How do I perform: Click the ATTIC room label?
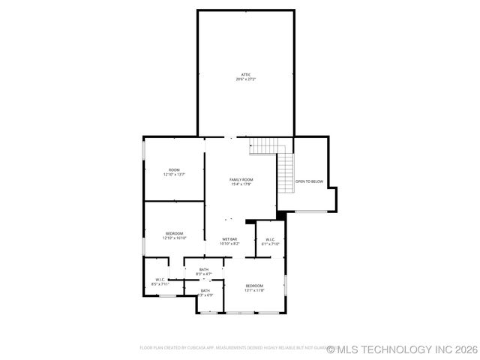pos(245,74)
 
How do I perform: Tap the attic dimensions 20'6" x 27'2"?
pos(245,79)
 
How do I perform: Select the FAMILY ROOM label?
pos(241,180)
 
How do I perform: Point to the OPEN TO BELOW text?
pos(309,181)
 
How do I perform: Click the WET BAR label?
pos(229,239)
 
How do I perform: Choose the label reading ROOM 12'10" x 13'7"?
pos(174,172)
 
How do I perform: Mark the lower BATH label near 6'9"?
pos(205,290)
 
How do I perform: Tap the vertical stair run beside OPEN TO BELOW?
pos(286,173)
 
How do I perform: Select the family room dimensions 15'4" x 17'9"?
pos(241,184)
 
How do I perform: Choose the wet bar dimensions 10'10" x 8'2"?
pos(229,244)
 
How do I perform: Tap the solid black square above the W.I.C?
pos(281,216)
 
